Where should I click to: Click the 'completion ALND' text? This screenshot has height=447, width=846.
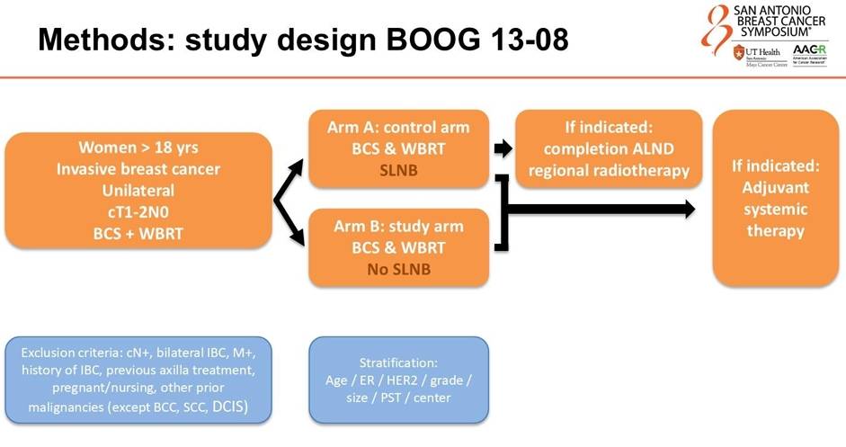609,148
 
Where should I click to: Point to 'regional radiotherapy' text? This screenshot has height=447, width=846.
609,170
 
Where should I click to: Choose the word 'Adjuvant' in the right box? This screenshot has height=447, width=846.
776,188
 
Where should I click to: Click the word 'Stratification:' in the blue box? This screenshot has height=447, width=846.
398,362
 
